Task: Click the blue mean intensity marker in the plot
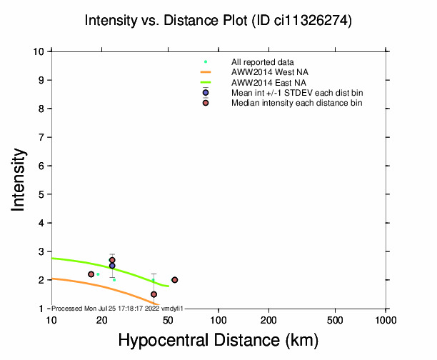112,266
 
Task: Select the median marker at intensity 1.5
154,294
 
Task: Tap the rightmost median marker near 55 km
175,280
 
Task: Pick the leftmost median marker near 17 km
91,274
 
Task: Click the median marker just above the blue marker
112,260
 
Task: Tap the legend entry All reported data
263,62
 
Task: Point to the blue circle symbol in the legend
206,93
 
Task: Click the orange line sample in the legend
206,72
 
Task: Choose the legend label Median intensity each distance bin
296,103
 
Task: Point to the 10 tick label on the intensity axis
41,51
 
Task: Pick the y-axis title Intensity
19,179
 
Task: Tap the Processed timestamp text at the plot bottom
118,308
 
